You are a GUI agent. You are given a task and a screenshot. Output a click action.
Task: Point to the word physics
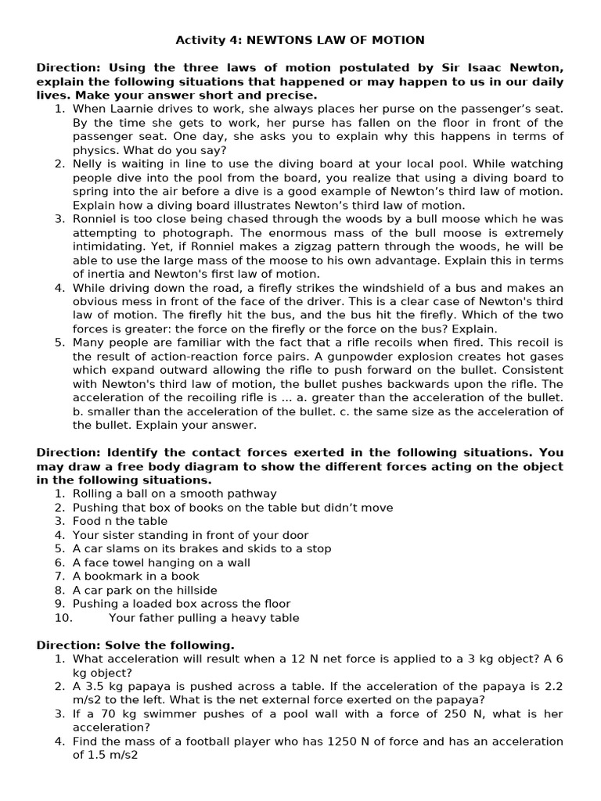(94, 150)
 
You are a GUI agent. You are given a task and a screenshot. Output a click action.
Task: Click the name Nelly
(88, 164)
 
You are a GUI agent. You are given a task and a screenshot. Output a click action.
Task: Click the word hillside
(192, 591)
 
